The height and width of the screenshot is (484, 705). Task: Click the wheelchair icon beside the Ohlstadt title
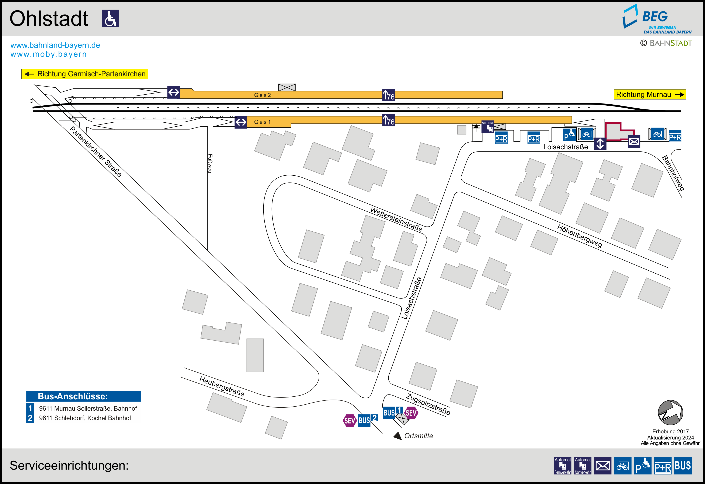(110, 18)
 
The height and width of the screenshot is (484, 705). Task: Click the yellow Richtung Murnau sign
(649, 95)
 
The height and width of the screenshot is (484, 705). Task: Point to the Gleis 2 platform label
(262, 95)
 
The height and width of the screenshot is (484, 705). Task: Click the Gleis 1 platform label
(262, 122)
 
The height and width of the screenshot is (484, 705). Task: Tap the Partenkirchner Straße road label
(95, 152)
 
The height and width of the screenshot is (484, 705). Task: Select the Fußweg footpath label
(210, 164)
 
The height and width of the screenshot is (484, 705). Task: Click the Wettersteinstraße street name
(396, 219)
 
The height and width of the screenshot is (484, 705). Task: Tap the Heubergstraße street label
(222, 386)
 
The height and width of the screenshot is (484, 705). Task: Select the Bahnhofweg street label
(673, 173)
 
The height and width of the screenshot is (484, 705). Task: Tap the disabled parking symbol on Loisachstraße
(569, 135)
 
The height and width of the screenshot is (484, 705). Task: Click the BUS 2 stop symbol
(367, 420)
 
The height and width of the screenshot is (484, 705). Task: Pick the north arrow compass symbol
(670, 413)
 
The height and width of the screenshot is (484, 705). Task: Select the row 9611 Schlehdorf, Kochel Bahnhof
(85, 418)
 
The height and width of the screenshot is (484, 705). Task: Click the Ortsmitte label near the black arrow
(418, 436)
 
